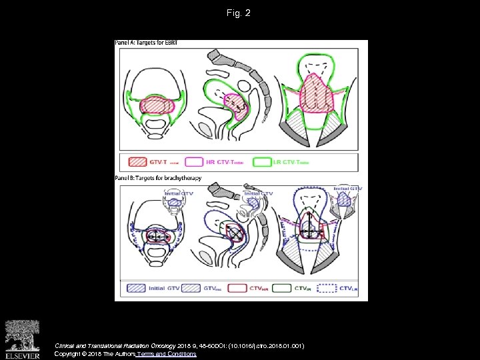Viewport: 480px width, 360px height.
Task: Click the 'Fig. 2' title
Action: point(239,13)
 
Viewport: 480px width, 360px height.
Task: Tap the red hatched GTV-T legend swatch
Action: point(137,162)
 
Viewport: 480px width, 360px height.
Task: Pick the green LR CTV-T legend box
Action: point(263,162)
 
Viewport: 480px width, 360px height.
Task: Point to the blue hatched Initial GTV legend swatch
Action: point(135,289)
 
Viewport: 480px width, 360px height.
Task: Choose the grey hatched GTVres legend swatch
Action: point(191,289)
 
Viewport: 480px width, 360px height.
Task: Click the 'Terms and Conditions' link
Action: point(167,354)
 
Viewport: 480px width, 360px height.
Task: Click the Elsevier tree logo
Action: point(22,335)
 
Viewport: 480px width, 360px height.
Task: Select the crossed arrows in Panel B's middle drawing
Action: point(235,232)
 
